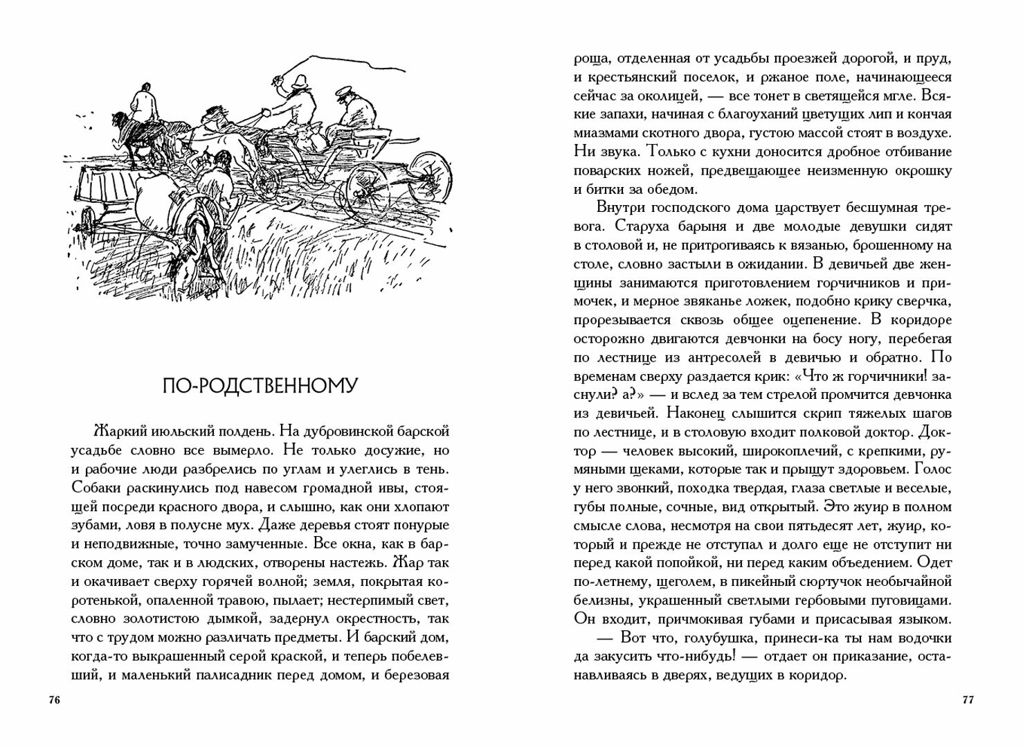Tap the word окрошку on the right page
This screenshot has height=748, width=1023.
coord(920,170)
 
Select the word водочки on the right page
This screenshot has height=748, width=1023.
coord(918,638)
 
